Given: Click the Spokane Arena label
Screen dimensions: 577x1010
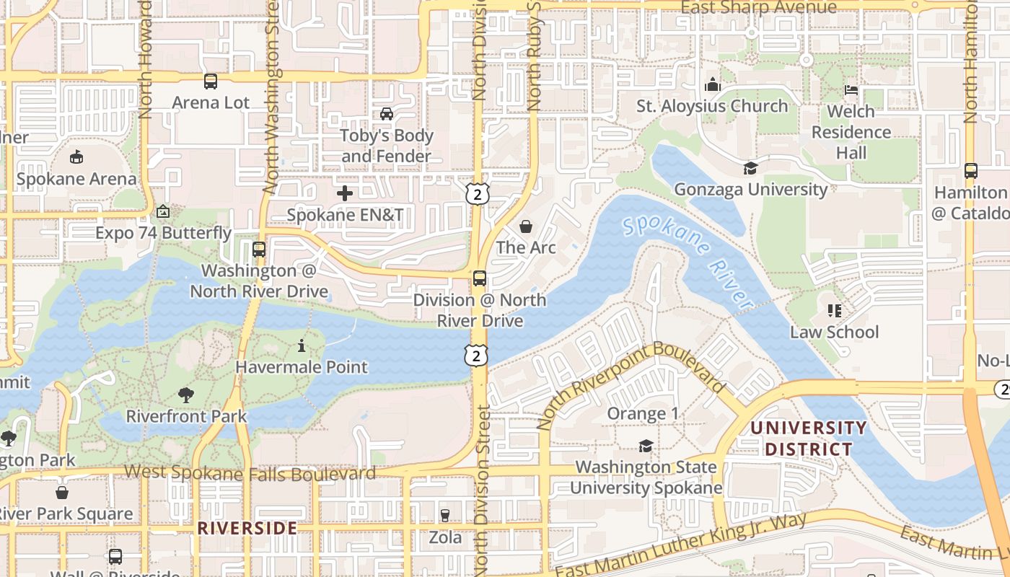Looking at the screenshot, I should tap(76, 178).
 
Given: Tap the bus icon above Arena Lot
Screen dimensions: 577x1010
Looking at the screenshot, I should tap(211, 82).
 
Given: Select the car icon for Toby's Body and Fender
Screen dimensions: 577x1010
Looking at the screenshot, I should tap(387, 114).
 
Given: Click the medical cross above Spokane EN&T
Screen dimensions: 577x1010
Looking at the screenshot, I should tap(345, 193).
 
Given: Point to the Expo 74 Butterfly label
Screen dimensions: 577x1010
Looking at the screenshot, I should tap(164, 233).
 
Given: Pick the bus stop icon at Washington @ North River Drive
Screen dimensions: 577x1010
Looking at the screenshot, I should tap(258, 250).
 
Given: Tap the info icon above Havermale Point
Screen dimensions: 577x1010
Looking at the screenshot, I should tap(302, 345).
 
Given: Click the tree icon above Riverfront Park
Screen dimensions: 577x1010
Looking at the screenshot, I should tap(186, 395).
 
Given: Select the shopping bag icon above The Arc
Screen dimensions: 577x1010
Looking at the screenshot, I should tap(526, 226).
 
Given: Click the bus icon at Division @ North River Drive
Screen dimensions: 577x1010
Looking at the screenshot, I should tap(480, 278).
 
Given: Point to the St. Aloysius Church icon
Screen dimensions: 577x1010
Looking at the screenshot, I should tap(713, 85).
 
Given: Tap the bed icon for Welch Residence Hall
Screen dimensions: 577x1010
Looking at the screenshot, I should tap(851, 90).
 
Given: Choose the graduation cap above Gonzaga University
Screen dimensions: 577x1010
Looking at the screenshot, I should tap(750, 168).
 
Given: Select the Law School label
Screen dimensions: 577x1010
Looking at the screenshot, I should tap(834, 332).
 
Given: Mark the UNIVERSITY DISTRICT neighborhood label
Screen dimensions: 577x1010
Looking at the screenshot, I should tap(808, 439).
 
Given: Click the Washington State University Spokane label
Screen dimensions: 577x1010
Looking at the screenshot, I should tap(646, 477).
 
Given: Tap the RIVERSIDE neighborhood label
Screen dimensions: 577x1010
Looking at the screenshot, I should tap(247, 528).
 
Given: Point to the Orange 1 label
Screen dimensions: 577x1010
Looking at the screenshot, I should tap(643, 413).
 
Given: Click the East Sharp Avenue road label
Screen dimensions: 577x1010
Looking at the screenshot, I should tap(759, 8).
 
